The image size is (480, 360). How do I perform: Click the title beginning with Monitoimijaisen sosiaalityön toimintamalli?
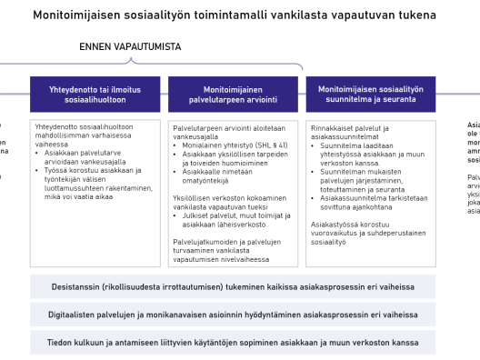pos(234,15)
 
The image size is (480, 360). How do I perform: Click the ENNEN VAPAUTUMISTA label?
pos(129,46)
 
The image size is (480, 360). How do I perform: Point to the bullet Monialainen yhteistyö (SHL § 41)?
pos(235,145)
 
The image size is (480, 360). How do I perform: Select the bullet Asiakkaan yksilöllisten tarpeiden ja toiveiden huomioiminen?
pos(237,161)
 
